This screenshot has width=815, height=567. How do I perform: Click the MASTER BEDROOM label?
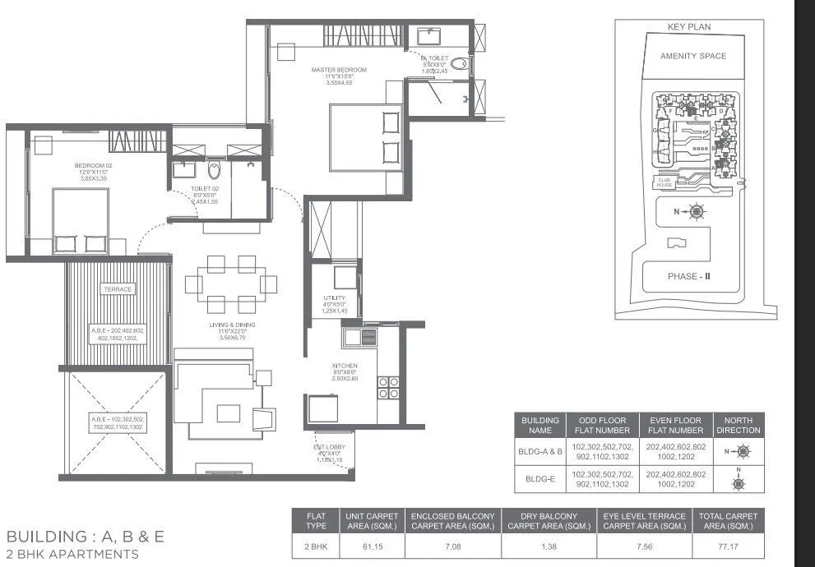[339, 70]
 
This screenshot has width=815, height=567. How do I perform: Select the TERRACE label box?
[118, 289]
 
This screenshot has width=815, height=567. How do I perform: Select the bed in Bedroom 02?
[81, 220]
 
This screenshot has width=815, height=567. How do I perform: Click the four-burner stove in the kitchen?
[387, 388]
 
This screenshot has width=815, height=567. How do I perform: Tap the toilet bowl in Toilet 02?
[215, 171]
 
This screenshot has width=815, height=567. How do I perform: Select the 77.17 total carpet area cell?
[727, 545]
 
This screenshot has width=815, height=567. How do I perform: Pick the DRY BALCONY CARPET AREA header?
[549, 521]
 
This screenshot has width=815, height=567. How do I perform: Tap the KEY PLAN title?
[688, 27]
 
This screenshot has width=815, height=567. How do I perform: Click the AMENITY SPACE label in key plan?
[693, 56]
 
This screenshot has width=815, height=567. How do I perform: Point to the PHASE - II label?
[688, 276]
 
